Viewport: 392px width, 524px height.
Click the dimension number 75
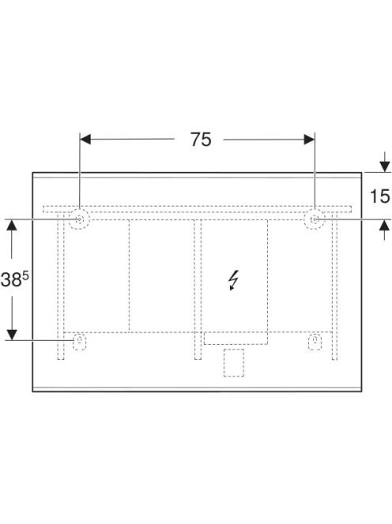(201, 140)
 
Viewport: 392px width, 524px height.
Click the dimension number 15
(380, 196)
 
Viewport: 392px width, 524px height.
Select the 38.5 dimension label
(15, 279)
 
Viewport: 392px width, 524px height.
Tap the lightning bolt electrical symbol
(234, 280)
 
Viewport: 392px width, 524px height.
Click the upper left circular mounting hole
(79, 219)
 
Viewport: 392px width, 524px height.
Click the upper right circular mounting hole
(315, 219)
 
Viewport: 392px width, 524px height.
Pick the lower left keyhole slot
(79, 342)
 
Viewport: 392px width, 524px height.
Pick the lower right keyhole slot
(315, 342)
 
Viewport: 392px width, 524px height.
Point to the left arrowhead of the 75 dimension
(85, 140)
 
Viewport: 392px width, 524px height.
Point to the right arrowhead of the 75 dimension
(309, 140)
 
